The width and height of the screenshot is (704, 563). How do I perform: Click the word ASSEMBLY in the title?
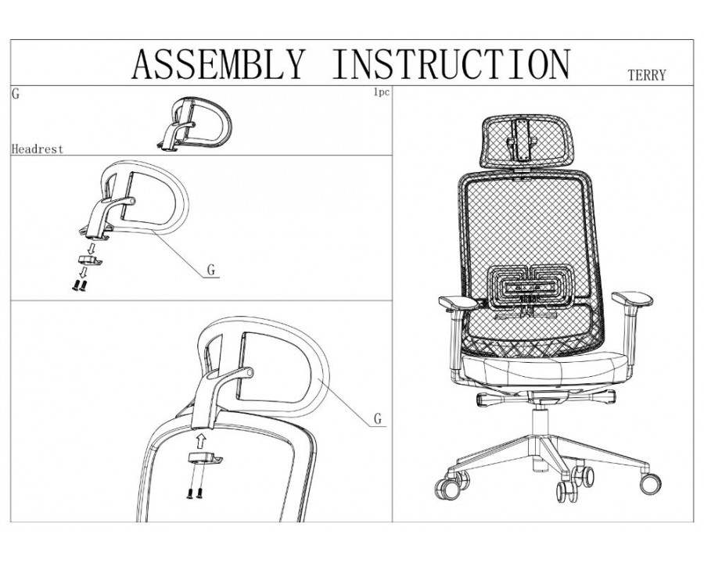click(218, 63)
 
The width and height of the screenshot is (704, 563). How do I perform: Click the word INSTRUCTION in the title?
click(451, 63)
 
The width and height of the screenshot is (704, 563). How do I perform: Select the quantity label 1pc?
click(381, 93)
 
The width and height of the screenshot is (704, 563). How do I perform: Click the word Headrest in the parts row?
click(38, 148)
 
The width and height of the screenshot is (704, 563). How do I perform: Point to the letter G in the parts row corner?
click(16, 93)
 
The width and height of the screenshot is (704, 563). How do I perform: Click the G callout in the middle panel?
click(210, 271)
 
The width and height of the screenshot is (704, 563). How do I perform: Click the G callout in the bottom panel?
click(377, 419)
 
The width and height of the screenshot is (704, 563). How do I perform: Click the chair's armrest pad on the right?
click(630, 300)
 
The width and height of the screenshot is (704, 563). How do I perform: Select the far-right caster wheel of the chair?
click(649, 482)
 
